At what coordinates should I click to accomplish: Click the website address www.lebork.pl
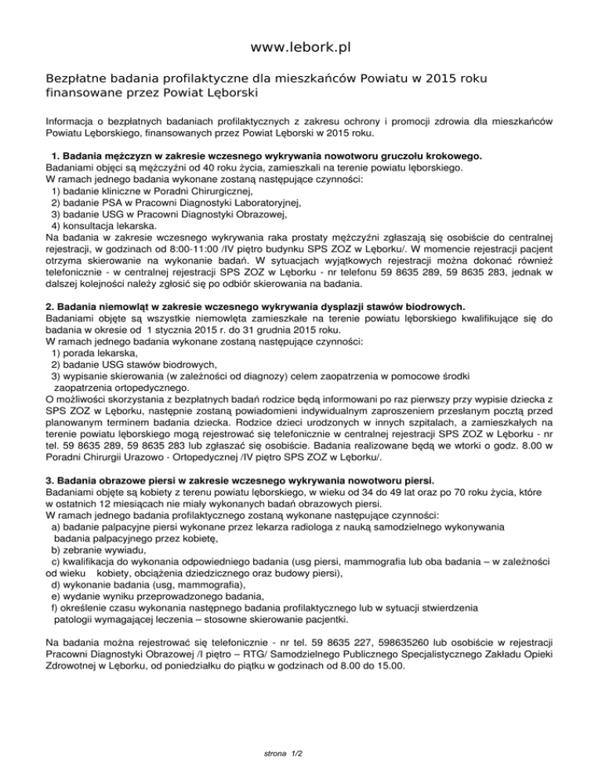(300, 49)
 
